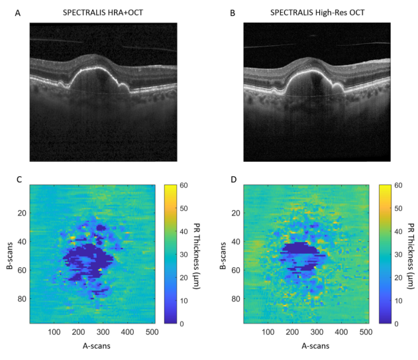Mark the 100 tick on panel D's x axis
tap(269, 332)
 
